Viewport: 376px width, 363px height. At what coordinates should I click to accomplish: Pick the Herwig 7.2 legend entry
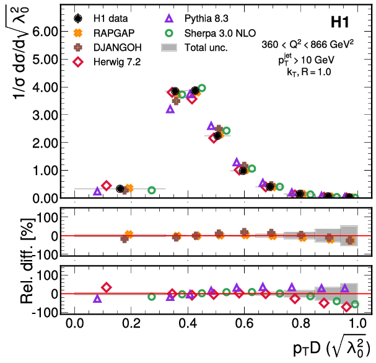(111, 61)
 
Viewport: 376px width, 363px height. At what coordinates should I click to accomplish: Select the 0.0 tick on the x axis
(74, 323)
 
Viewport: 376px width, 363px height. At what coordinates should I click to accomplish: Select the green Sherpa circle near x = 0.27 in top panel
(152, 190)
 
